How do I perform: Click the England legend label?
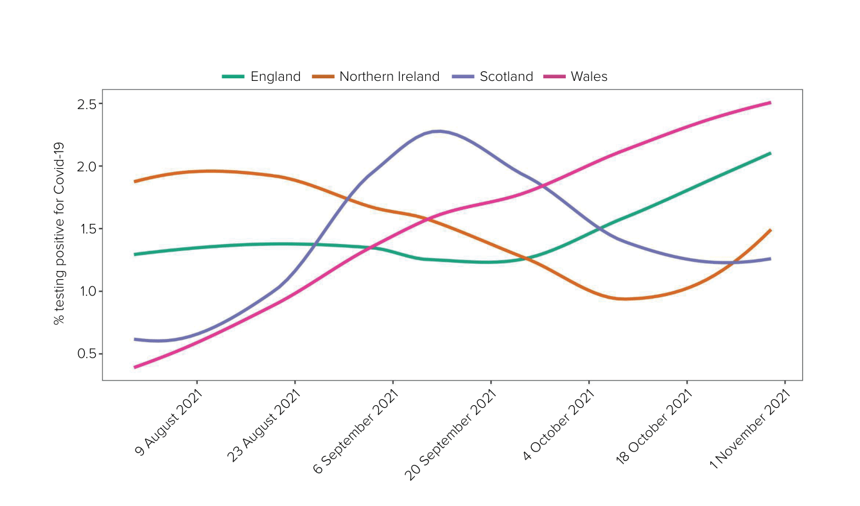pos(275,76)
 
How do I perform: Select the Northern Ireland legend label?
pos(389,76)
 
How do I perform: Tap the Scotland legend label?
pos(506,76)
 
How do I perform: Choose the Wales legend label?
pos(589,76)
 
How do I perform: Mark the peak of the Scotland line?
pos(438,131)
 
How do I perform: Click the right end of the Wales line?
pos(769,103)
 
